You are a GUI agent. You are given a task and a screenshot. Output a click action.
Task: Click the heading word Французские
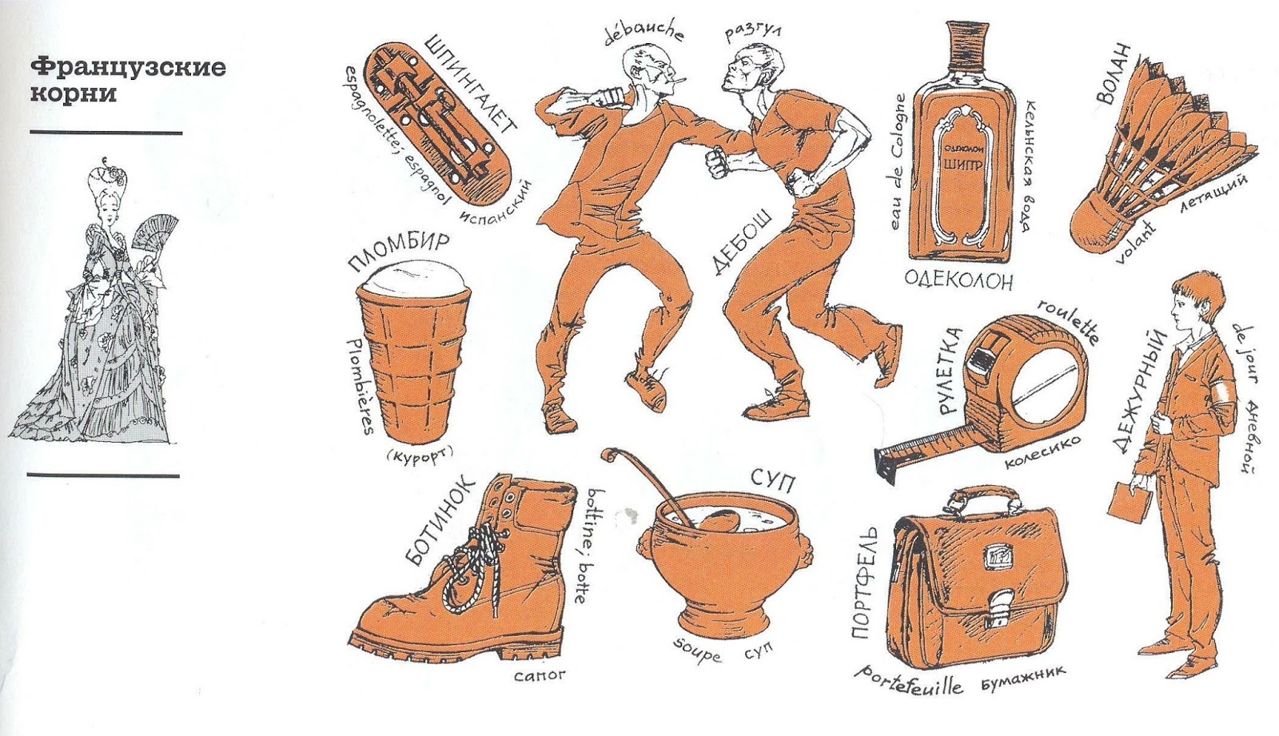pyautogui.click(x=128, y=68)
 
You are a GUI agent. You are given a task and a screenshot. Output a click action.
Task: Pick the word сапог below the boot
pyautogui.click(x=539, y=674)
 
